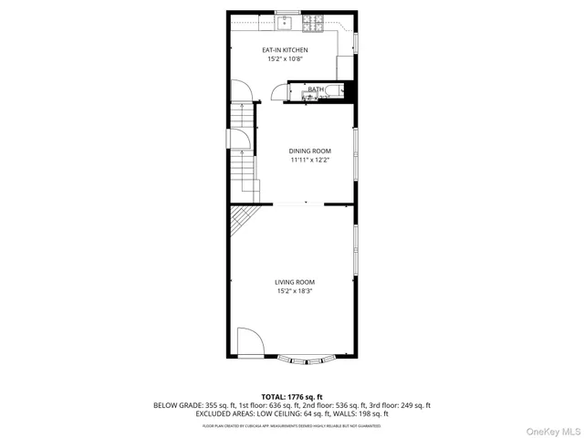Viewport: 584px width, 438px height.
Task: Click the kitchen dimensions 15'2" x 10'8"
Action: point(286,59)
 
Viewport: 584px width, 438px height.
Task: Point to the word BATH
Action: point(316,89)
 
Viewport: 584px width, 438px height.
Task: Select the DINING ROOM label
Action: point(310,151)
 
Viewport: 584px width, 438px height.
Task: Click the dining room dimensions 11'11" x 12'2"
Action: point(310,161)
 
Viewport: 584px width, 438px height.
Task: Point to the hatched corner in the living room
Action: point(242,219)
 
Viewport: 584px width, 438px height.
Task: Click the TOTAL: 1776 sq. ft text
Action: point(292,396)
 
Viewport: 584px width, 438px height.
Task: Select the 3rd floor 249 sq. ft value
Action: point(413,405)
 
